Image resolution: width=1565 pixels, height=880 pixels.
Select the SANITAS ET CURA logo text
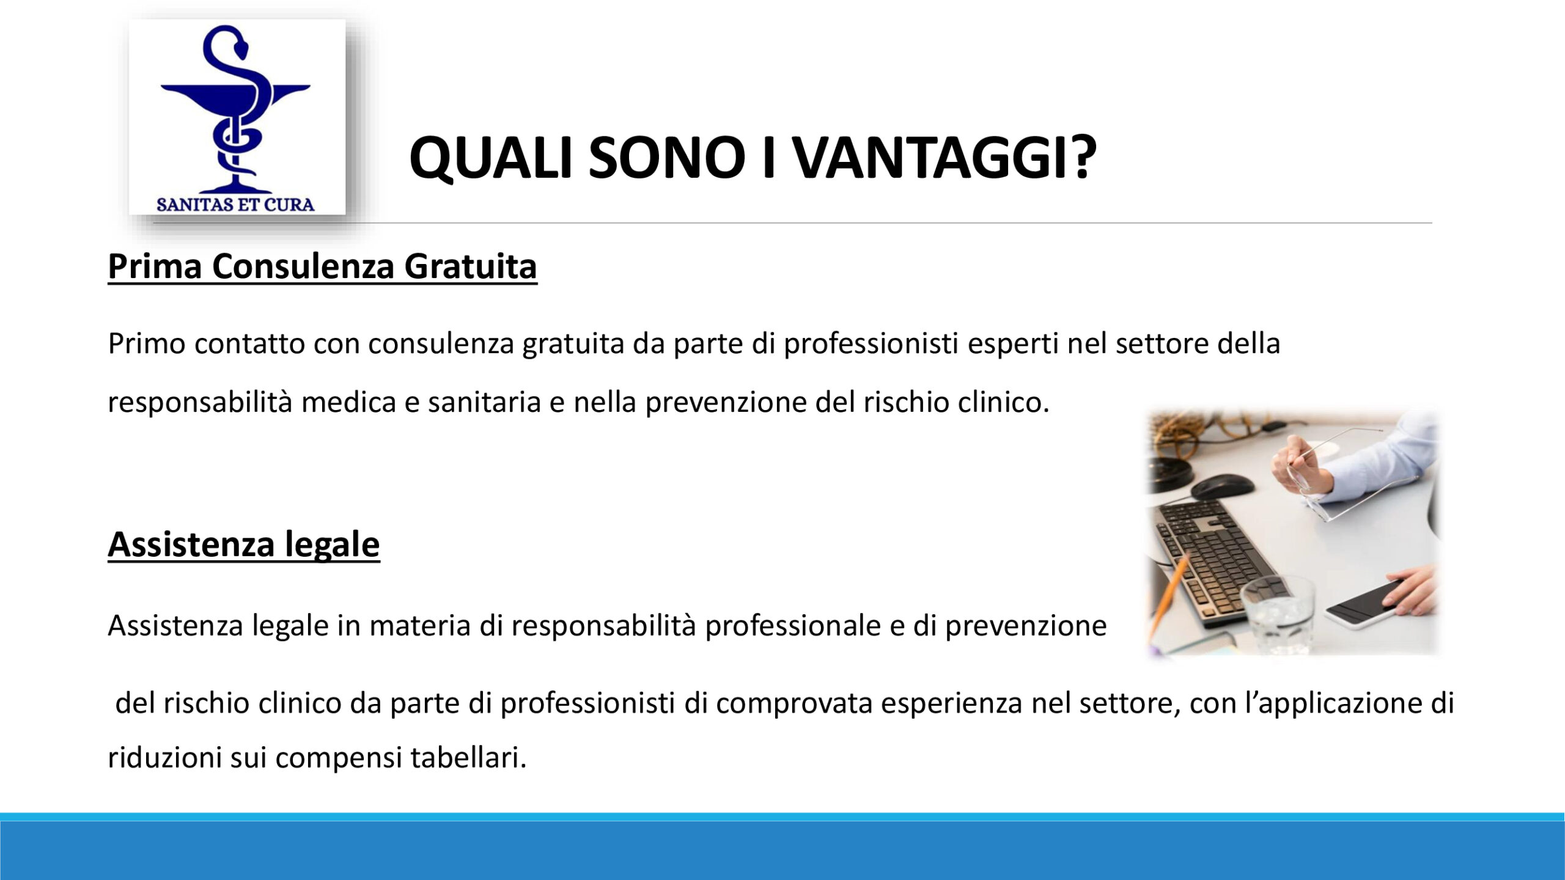tap(235, 204)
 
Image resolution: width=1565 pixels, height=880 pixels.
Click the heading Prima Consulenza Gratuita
tap(322, 266)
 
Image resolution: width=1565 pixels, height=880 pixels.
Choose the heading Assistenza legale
tap(244, 544)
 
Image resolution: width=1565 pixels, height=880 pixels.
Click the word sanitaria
tap(484, 402)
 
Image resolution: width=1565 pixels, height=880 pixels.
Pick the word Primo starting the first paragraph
tap(147, 343)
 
